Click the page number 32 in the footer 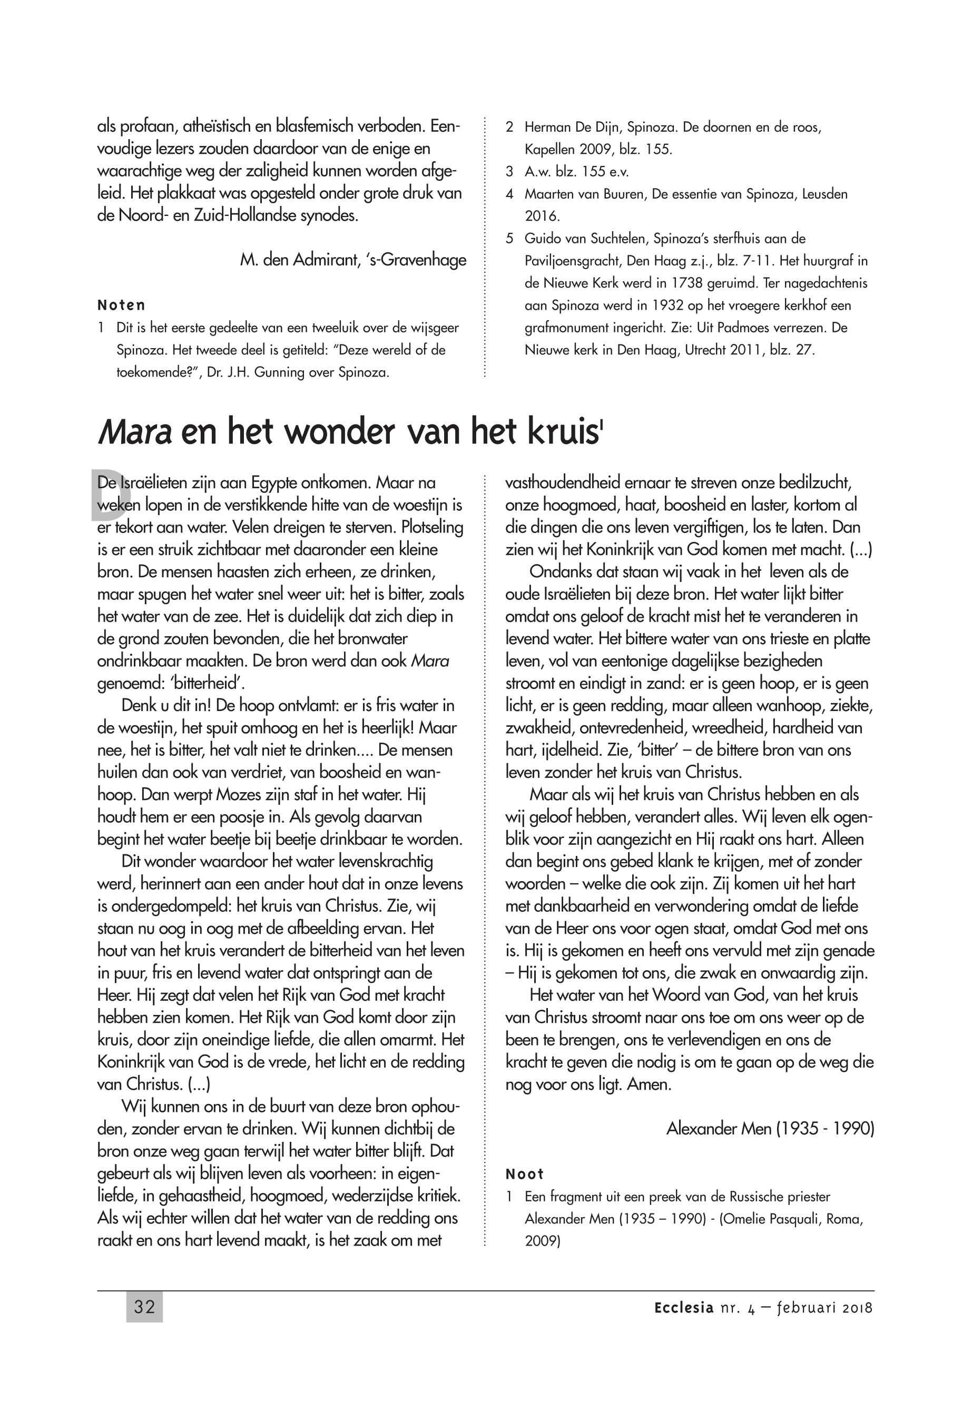pos(144,1307)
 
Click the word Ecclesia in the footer pos(683,1307)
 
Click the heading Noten pos(121,305)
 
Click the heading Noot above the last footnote pos(524,1174)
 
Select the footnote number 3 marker pos(510,172)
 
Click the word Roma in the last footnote pos(840,1219)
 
